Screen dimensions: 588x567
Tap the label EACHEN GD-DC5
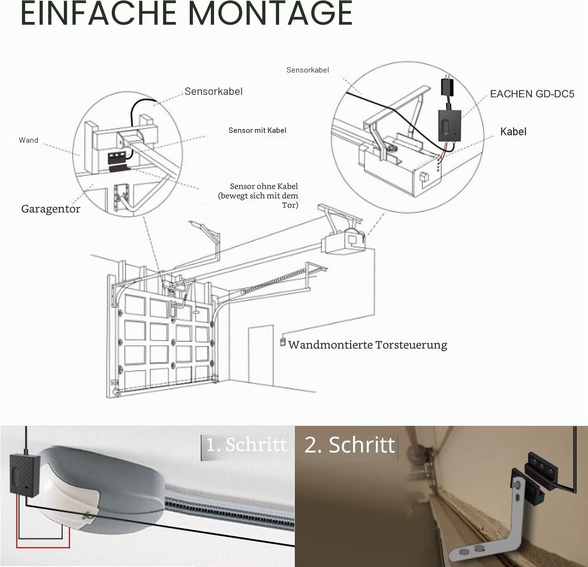[x=532, y=94]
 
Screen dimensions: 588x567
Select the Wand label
[x=29, y=140]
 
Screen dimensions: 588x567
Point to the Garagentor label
[x=51, y=209]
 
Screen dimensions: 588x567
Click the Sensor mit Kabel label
[x=257, y=130]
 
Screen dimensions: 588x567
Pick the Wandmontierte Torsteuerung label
[x=367, y=345]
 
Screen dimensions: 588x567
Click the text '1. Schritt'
[x=246, y=445]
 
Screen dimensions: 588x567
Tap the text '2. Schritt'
[x=350, y=445]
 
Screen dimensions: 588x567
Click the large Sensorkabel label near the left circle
[x=214, y=91]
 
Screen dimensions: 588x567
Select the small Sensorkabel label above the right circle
[x=308, y=70]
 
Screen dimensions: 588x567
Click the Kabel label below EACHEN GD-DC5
[x=513, y=132]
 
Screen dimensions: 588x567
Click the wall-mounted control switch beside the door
[x=282, y=342]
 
